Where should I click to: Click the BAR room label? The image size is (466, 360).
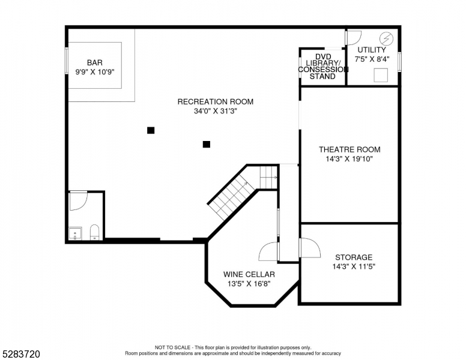tap(94, 62)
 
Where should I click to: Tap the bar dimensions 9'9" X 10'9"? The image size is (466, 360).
tap(94, 71)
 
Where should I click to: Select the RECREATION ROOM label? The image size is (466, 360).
tap(215, 101)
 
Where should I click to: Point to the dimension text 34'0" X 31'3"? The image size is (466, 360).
tap(215, 111)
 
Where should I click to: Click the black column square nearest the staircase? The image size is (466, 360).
tap(206, 144)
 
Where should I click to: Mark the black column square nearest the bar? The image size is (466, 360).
tap(151, 130)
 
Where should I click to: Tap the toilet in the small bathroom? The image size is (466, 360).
tap(94, 232)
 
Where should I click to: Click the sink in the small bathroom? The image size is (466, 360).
tap(76, 233)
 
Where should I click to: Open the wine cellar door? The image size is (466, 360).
tap(268, 252)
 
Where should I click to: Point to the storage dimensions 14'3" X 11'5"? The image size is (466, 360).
tap(354, 266)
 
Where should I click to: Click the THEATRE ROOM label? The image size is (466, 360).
tap(349, 149)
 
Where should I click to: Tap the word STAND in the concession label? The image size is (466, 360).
tap(322, 77)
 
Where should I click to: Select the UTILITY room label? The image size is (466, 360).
tap(372, 50)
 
